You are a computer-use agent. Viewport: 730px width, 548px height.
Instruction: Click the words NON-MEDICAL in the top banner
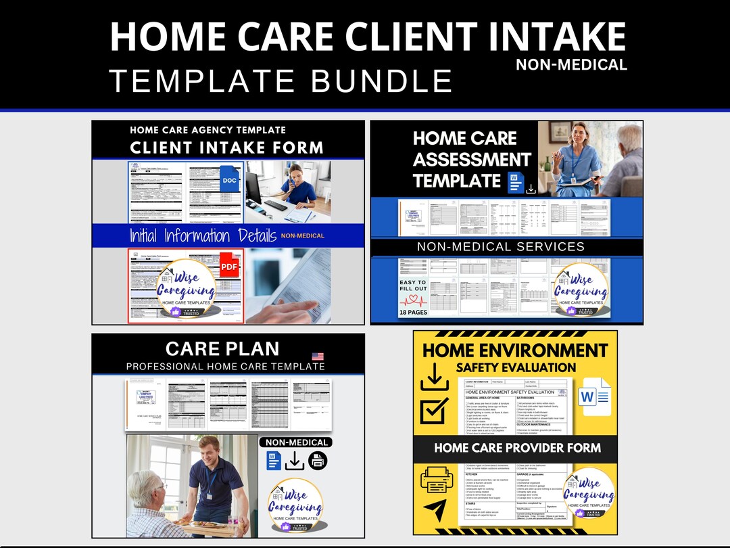(x=571, y=65)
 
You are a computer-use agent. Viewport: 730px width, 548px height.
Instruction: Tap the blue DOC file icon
(x=229, y=179)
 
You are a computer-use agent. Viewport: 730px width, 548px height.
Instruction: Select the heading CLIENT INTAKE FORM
(x=226, y=147)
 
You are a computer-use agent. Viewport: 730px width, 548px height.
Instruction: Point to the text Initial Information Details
(x=203, y=235)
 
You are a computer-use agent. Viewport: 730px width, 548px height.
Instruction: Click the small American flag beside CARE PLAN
(x=318, y=356)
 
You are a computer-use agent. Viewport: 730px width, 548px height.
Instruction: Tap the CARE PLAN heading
(x=222, y=348)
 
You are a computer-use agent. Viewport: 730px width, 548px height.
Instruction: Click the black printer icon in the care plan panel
(x=318, y=461)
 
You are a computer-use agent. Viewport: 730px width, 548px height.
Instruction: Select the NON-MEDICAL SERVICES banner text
(x=501, y=247)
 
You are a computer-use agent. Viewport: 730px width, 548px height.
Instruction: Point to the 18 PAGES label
(x=412, y=313)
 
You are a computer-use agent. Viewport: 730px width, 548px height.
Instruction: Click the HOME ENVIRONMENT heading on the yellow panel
(x=515, y=350)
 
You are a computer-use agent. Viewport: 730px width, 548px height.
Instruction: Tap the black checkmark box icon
(x=434, y=410)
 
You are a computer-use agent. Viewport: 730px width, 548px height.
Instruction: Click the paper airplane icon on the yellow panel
(x=435, y=510)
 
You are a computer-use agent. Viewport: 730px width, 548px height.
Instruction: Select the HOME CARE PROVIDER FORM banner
(x=517, y=448)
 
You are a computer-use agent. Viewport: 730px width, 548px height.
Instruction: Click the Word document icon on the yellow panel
(x=595, y=395)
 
